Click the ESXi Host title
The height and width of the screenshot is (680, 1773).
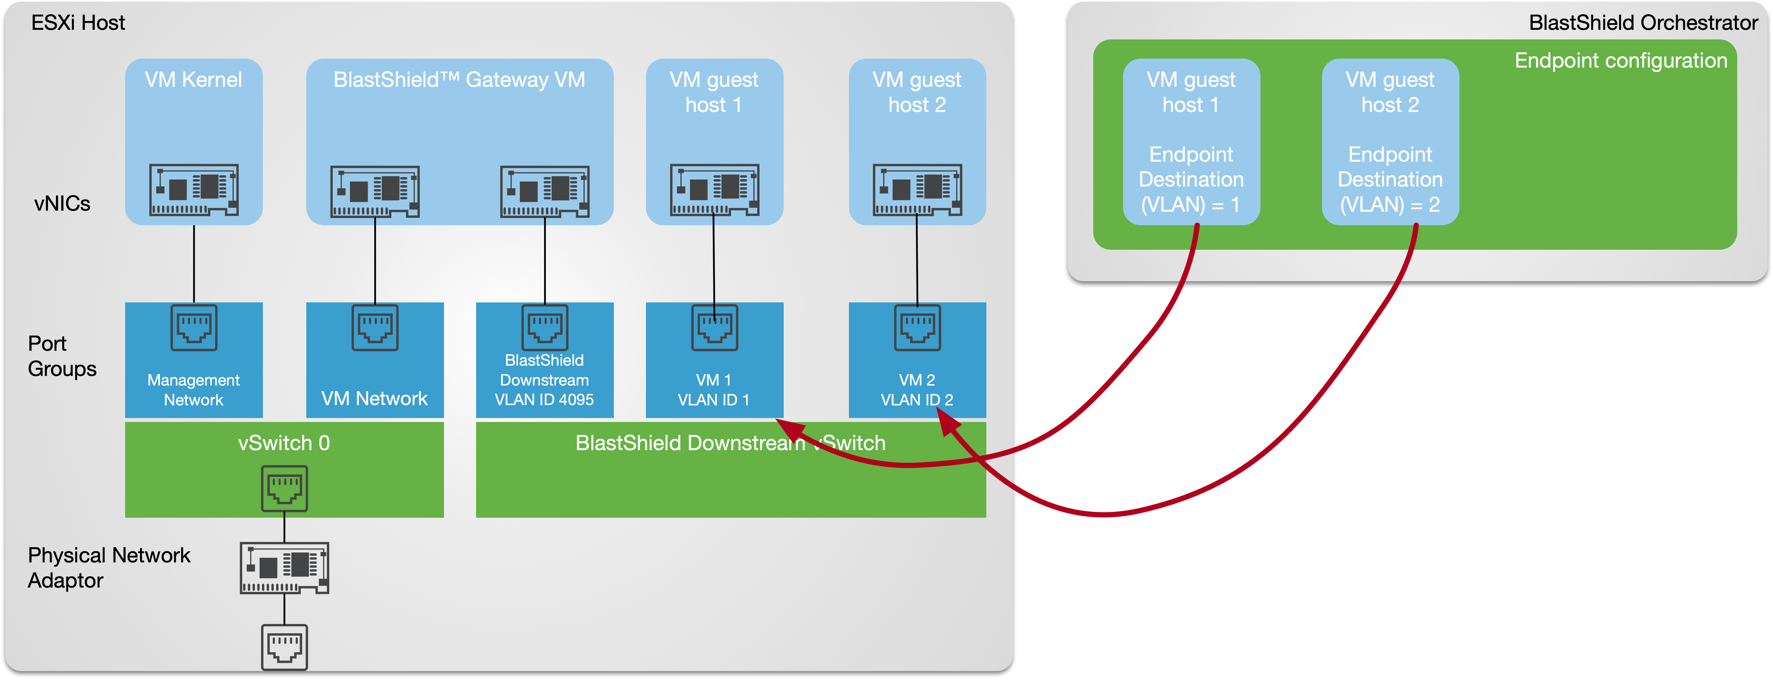click(78, 23)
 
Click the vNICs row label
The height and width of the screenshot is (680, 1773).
click(62, 204)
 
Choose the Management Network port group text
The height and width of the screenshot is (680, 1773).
click(193, 390)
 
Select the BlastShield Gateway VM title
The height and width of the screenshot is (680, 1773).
click(459, 80)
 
